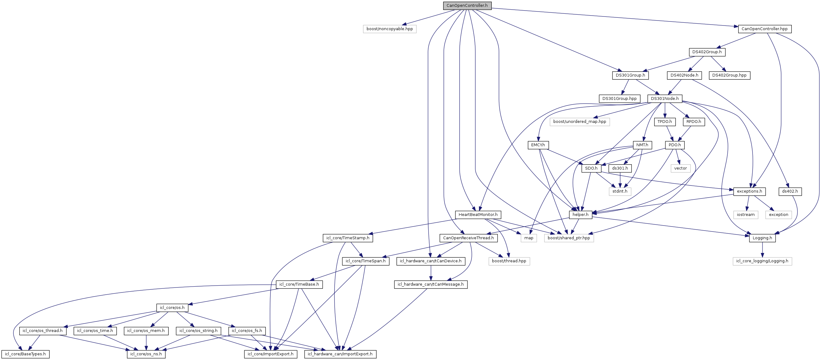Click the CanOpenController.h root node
click(467, 6)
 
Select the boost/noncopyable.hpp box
click(389, 29)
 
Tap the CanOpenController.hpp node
click(764, 29)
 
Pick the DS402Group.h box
click(706, 52)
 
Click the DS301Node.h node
click(664, 99)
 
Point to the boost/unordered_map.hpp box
click(579, 122)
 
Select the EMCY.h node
click(538, 145)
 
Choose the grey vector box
click(680, 168)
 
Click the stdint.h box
click(620, 191)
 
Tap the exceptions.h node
click(749, 191)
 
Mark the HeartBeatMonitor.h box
click(478, 215)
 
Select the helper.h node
click(580, 215)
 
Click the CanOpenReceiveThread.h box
click(468, 238)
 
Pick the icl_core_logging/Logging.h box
click(762, 261)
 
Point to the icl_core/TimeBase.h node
click(299, 284)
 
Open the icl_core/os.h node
click(172, 308)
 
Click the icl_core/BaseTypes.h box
click(25, 354)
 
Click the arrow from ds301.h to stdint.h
click(620, 180)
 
